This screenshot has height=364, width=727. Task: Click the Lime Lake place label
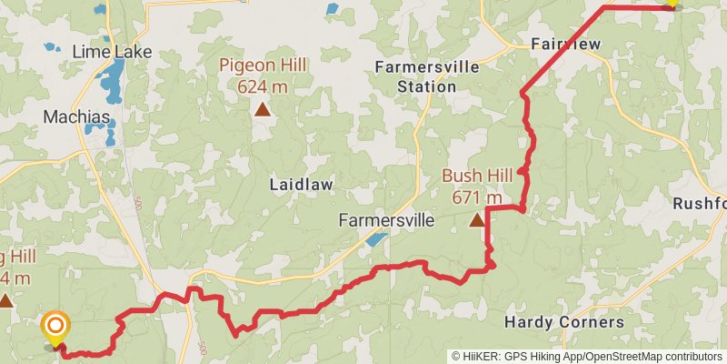[113, 52]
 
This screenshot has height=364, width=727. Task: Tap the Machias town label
[78, 117]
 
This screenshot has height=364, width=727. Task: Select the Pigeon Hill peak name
[262, 66]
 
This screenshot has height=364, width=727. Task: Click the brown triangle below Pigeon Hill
[262, 110]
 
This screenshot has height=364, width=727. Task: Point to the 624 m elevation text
[262, 87]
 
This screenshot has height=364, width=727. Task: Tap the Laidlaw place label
[301, 185]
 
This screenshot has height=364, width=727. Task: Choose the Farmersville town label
[385, 221]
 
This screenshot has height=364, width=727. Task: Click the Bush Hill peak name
[476, 176]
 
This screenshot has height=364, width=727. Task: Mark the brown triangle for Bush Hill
[476, 219]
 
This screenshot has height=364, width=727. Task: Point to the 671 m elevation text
[476, 197]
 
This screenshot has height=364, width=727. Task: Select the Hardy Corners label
[563, 322]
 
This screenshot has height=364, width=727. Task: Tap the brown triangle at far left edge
[5, 299]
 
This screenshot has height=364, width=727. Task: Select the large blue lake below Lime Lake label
[114, 81]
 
